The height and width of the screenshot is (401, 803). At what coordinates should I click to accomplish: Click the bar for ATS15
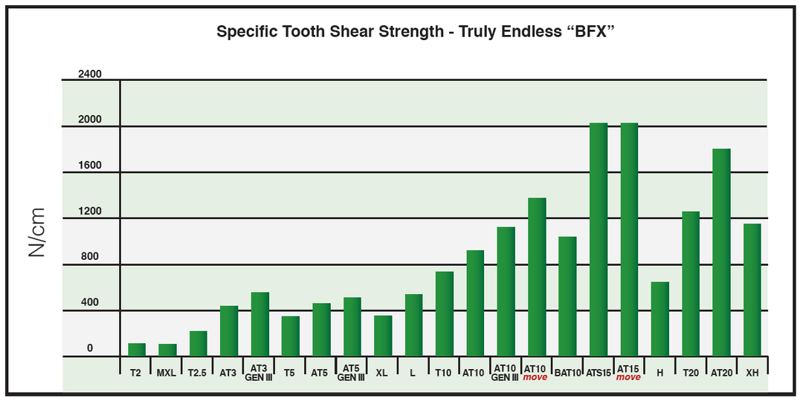[599, 240]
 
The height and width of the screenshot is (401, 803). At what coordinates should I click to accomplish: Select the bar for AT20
[721, 252]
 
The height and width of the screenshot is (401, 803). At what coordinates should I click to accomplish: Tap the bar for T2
[137, 350]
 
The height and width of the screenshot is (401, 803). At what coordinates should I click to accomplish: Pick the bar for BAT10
[567, 296]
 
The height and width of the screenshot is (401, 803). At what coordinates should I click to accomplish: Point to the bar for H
[660, 319]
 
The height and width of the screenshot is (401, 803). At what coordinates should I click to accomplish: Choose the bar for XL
[383, 336]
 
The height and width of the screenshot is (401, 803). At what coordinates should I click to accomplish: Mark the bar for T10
[445, 314]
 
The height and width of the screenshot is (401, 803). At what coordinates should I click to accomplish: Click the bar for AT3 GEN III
[260, 325]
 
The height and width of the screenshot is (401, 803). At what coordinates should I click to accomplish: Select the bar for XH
[752, 290]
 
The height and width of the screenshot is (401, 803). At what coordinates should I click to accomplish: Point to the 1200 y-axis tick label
[89, 211]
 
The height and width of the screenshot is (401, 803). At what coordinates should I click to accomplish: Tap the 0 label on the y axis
[90, 348]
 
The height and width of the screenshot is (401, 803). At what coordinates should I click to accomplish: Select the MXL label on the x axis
[166, 373]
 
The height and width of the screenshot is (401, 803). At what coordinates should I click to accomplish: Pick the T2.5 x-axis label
[198, 373]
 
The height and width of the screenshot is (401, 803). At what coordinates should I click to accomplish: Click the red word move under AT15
[628, 377]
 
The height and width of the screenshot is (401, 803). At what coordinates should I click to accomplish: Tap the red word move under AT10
[535, 377]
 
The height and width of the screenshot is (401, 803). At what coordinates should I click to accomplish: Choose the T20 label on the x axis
[690, 373]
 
